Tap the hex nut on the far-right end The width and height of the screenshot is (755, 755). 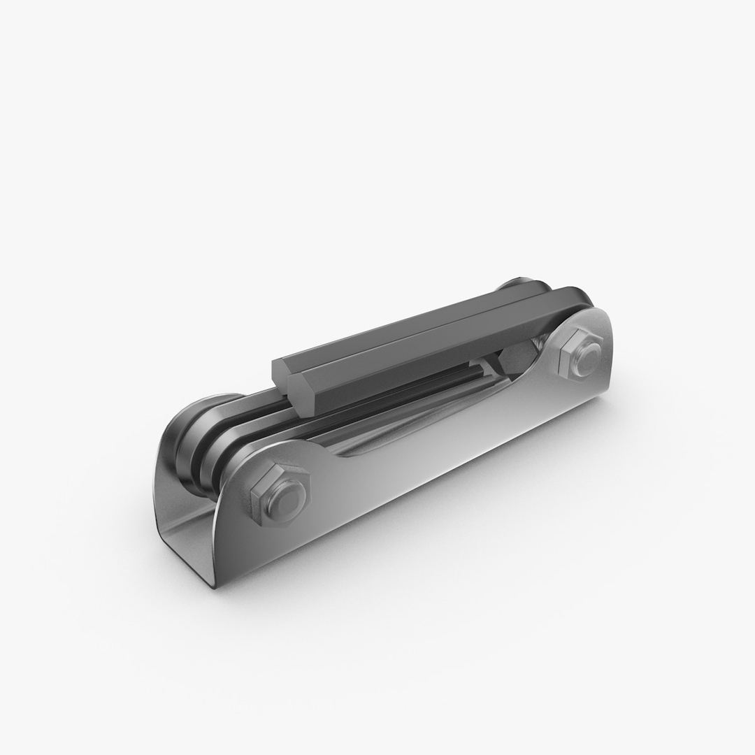tap(580, 352)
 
